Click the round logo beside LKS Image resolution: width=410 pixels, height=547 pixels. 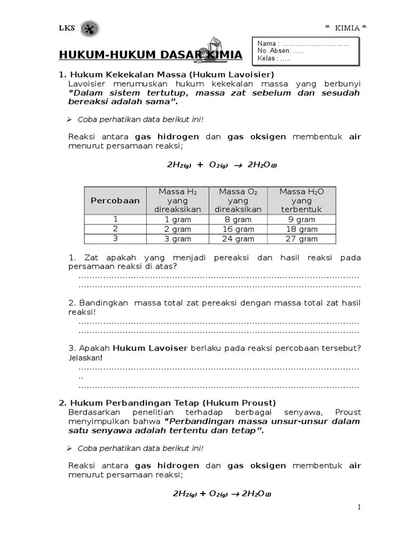point(89,29)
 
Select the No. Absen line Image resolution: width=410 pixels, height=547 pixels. point(280,51)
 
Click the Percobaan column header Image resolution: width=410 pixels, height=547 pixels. point(115,200)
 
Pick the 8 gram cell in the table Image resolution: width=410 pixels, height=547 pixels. point(238,220)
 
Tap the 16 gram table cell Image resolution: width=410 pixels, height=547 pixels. point(238,229)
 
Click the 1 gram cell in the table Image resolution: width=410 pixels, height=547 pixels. point(178,220)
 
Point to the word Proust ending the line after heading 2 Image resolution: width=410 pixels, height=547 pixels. point(348,412)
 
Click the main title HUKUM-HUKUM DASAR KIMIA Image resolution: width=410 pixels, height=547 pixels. point(150,55)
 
